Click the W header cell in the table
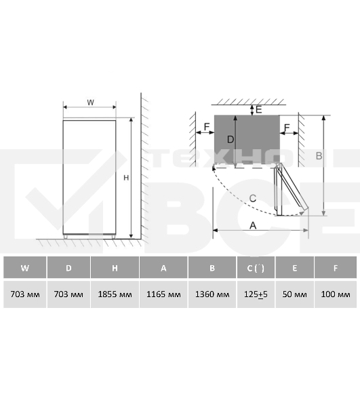[x=25, y=267]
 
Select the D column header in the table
[x=68, y=267]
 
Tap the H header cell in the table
[x=115, y=267]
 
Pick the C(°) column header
[x=256, y=267]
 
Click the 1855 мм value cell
[x=115, y=294]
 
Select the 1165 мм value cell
[x=163, y=294]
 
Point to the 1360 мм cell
[x=212, y=294]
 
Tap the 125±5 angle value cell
[x=256, y=294]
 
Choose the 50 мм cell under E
[x=294, y=294]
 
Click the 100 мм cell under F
[x=336, y=294]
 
